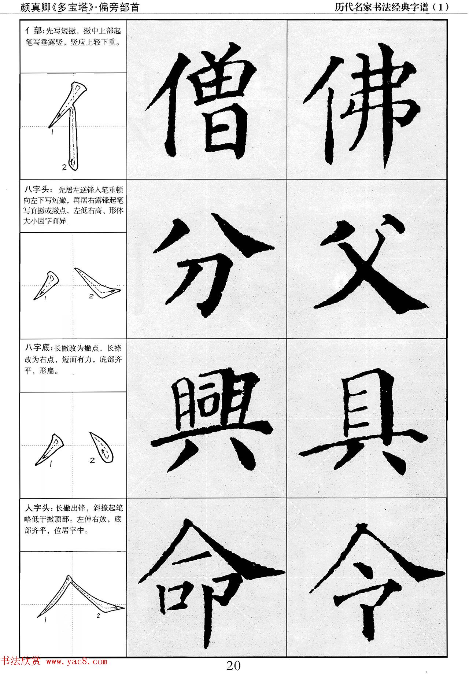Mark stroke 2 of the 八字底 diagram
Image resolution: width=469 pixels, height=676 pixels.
click(x=100, y=447)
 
